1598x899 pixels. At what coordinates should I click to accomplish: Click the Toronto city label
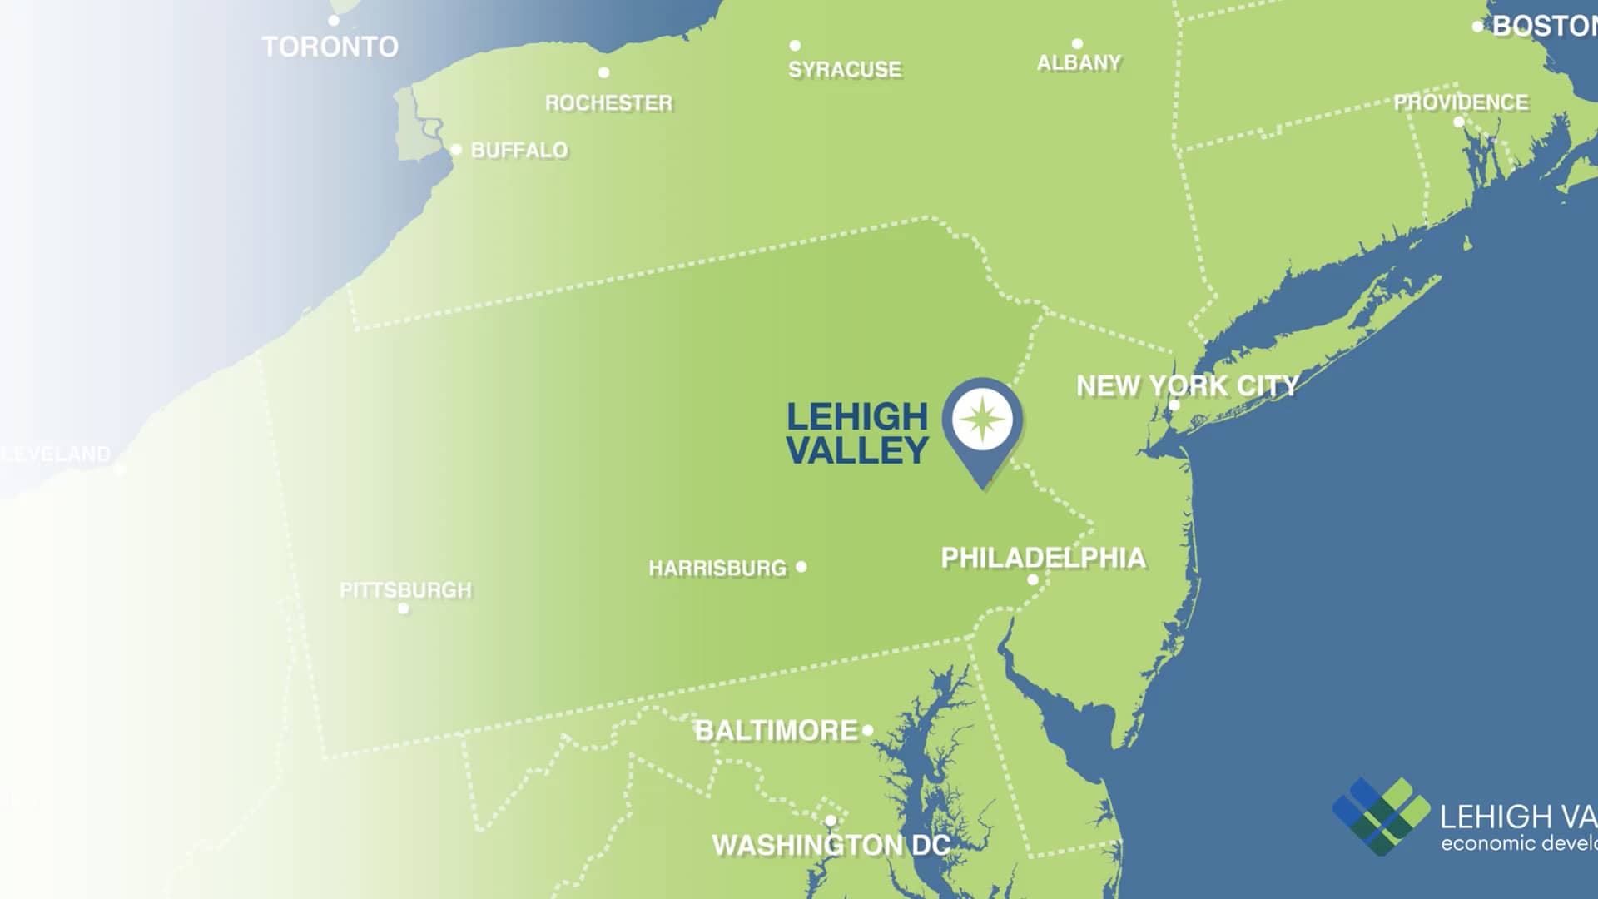(x=330, y=47)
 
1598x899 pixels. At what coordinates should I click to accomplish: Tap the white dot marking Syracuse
(x=795, y=46)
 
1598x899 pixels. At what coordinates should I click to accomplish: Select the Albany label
(x=1079, y=63)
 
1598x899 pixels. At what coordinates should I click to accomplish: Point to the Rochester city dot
(x=603, y=72)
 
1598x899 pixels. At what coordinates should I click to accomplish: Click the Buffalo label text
(x=519, y=151)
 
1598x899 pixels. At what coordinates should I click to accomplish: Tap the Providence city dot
(x=1458, y=122)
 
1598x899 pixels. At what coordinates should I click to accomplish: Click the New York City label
(x=1187, y=386)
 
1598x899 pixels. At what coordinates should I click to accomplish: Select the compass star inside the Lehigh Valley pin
(x=982, y=419)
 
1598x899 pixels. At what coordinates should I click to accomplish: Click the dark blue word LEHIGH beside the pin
(x=856, y=416)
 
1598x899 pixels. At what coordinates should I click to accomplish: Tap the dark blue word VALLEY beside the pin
(x=856, y=450)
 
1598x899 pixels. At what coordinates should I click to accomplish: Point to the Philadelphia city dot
(x=1033, y=579)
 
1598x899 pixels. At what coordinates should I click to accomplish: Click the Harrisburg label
(x=717, y=569)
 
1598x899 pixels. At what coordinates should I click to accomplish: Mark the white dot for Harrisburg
(x=801, y=567)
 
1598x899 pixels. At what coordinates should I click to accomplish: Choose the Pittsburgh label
(x=405, y=590)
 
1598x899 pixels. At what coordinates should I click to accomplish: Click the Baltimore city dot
(x=867, y=730)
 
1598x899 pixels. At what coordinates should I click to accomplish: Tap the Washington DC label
(x=831, y=846)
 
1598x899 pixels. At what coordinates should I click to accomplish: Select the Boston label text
(x=1544, y=27)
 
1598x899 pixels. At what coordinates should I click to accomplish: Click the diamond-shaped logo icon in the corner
(x=1381, y=816)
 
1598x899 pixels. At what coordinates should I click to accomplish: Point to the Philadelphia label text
(x=1043, y=558)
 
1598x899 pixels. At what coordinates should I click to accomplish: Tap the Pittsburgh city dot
(x=404, y=608)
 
